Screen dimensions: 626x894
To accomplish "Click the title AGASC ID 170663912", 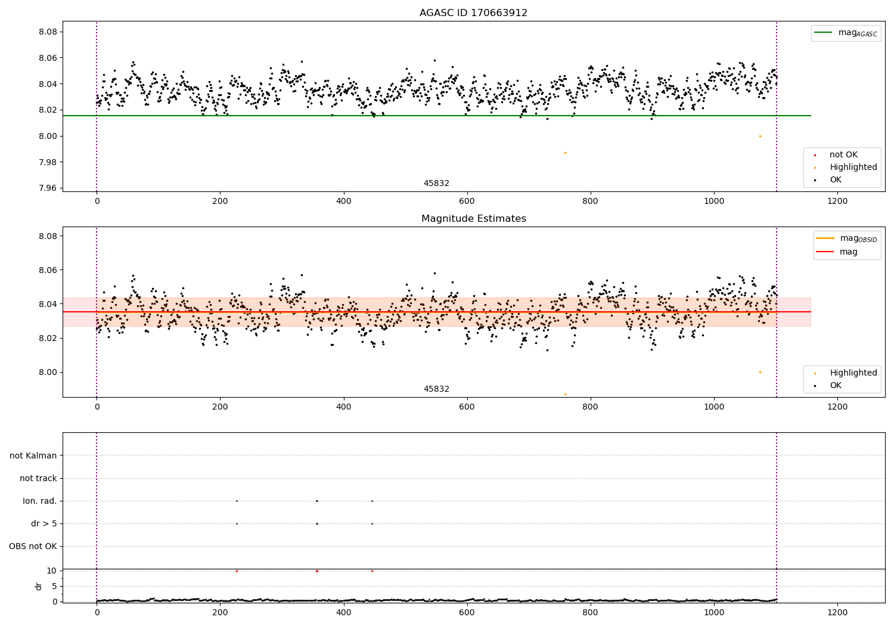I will coord(473,13).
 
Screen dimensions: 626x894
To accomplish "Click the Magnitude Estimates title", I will coord(473,219).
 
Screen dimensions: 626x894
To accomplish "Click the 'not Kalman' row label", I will coord(33,455).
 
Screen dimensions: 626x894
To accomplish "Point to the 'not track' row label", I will coord(38,478).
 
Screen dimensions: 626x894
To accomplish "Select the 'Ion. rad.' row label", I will coord(40,501).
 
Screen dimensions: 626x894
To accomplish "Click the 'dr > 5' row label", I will coord(44,523).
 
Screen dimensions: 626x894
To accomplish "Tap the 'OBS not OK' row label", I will coord(33,546).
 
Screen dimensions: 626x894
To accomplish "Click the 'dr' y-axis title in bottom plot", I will coord(39,586).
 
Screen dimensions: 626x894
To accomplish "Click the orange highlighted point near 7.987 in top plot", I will coord(565,153).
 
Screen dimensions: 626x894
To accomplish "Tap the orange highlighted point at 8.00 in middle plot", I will coord(760,372).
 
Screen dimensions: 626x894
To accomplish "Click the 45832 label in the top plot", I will coord(436,183).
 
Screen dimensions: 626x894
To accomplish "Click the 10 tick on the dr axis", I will coord(51,571).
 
